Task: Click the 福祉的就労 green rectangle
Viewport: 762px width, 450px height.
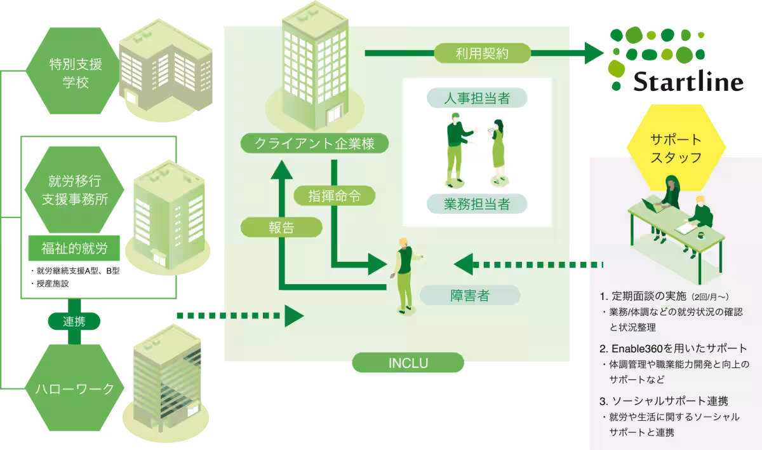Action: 75,248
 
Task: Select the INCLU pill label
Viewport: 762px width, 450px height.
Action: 408,364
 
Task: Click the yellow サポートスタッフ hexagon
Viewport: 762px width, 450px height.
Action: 676,148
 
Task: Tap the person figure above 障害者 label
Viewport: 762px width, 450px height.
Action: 403,273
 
